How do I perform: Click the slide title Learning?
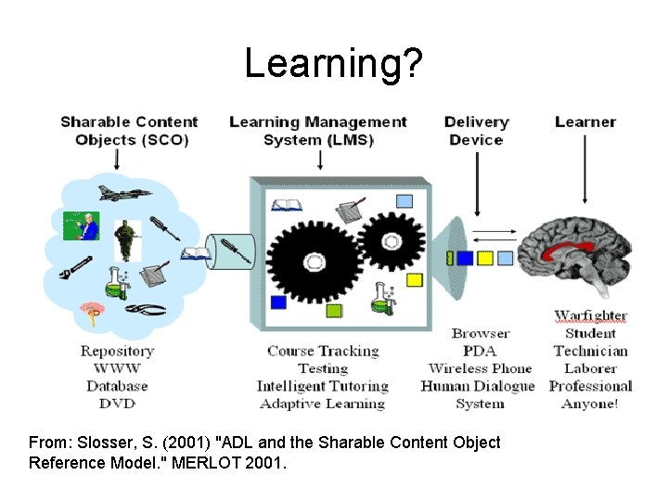pyautogui.click(x=333, y=63)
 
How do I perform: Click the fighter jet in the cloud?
pyautogui.click(x=123, y=195)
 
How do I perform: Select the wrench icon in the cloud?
pyautogui.click(x=74, y=268)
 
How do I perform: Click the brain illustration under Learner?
pyautogui.click(x=574, y=256)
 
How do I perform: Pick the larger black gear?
pyautogui.click(x=314, y=259)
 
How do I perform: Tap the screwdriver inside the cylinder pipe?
pyautogui.click(x=235, y=250)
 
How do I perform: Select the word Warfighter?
pyautogui.click(x=590, y=315)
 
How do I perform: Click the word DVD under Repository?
pyautogui.click(x=117, y=403)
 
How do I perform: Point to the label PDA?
pyautogui.click(x=480, y=351)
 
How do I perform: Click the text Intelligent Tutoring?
pyautogui.click(x=322, y=386)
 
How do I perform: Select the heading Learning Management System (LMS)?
pyautogui.click(x=317, y=131)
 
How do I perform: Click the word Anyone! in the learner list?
pyautogui.click(x=590, y=404)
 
